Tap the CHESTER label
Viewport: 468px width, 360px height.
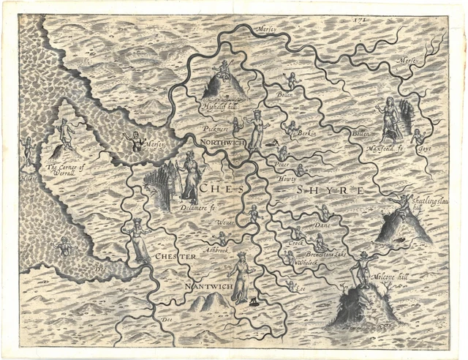pyautogui.click(x=175, y=258)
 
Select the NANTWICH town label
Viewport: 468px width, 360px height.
pyautogui.click(x=209, y=287)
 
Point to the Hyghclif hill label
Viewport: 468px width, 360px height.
pyautogui.click(x=216, y=105)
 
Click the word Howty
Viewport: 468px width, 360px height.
pyautogui.click(x=285, y=178)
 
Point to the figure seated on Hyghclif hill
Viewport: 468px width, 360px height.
pyautogui.click(x=224, y=71)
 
